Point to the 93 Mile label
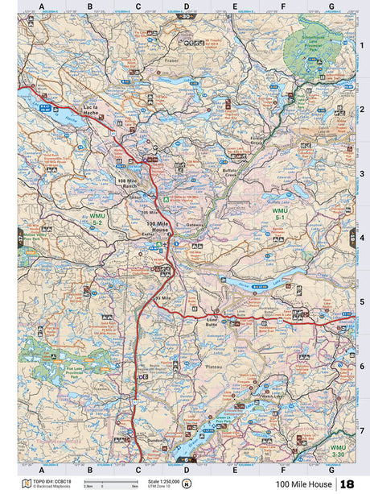[x=162, y=298]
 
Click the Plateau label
[x=213, y=363]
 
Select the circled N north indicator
[x=186, y=484]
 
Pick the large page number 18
[x=347, y=484]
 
